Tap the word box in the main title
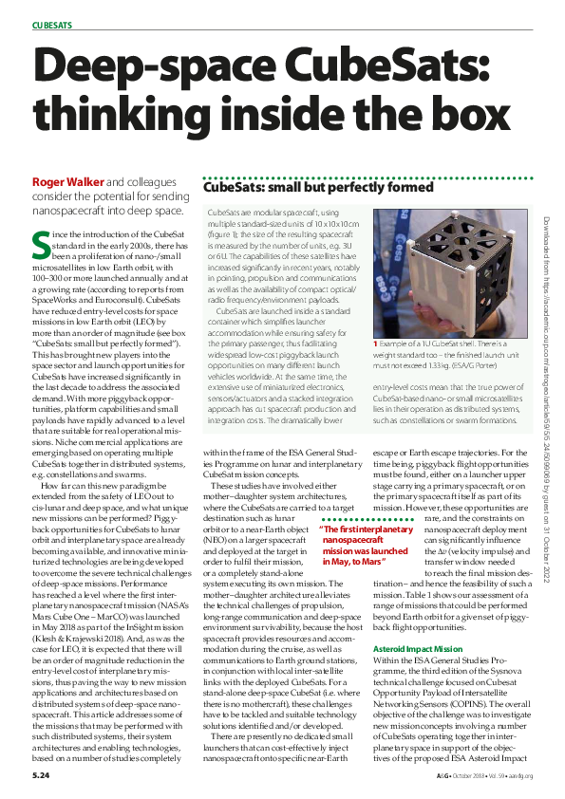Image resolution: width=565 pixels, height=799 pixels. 433,124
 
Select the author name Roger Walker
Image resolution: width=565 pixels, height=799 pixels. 67,181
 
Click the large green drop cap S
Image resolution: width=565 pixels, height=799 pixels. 40,245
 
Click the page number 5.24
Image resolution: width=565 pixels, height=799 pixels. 40,776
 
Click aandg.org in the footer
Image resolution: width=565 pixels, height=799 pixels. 518,776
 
